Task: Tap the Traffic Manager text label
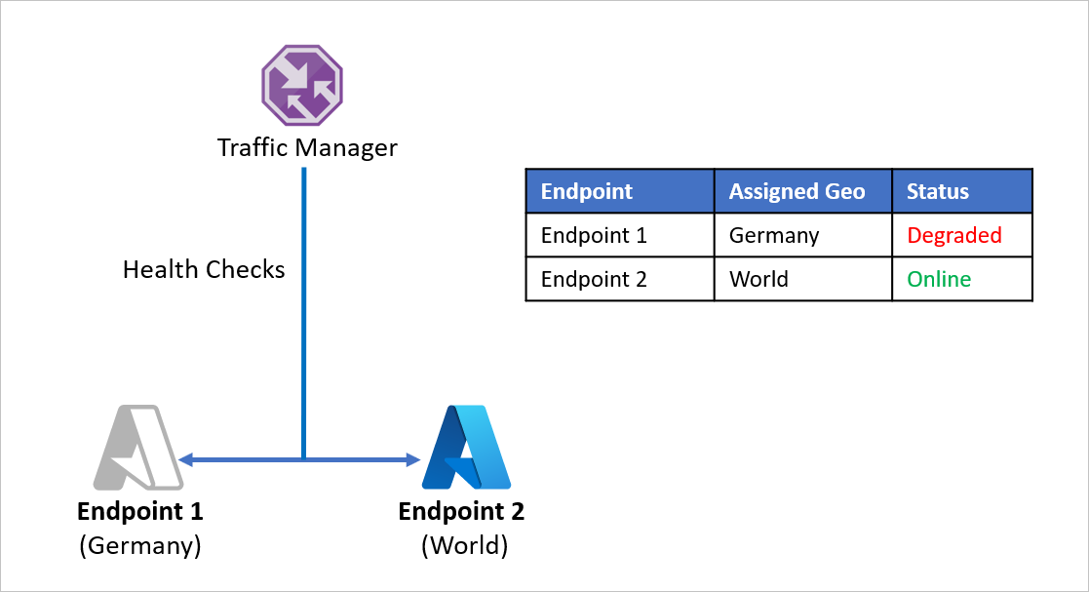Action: tap(307, 148)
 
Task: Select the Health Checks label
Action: tap(204, 269)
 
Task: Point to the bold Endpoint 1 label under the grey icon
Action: tap(140, 512)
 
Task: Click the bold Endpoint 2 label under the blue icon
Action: tap(461, 512)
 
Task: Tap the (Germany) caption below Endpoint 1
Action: tap(140, 545)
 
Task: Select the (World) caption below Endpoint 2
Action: tap(464, 545)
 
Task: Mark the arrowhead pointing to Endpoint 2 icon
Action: tap(412, 458)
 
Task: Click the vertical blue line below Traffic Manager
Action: tap(304, 312)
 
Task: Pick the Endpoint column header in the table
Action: tap(587, 191)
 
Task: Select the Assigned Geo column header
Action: tap(797, 191)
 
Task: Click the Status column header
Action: tap(937, 191)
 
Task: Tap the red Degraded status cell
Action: tap(953, 235)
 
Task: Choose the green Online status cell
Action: tap(938, 279)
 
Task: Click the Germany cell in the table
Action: tap(774, 235)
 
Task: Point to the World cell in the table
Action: tap(758, 279)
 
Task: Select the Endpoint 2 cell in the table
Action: tap(594, 279)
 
